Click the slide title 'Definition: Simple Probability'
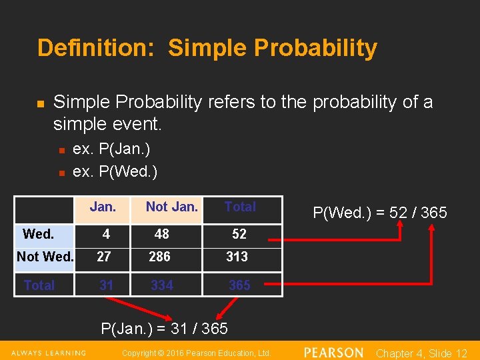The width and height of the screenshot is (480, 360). point(207,48)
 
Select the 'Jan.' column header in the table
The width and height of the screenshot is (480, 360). point(103,207)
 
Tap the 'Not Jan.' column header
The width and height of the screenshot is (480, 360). point(171,207)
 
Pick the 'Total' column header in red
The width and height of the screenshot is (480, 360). point(240,207)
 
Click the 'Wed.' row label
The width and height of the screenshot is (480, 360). point(38,234)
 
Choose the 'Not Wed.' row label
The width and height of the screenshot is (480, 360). point(45,257)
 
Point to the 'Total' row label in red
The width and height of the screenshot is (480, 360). point(39,285)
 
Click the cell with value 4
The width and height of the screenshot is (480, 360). point(105,234)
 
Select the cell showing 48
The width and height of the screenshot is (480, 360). point(161,234)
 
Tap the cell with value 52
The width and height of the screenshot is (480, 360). point(239,234)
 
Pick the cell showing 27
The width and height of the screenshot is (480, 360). point(104,257)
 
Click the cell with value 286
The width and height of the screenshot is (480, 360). point(160,257)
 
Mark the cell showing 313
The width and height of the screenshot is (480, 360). point(237,257)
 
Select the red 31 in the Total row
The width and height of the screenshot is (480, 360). point(106,285)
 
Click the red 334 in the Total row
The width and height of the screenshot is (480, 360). point(162,285)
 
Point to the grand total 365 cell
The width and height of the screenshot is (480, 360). point(239,285)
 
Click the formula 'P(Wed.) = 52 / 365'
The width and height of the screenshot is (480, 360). point(380,213)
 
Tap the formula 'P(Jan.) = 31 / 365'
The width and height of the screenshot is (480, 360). point(164,328)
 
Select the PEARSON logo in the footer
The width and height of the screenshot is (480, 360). point(333,353)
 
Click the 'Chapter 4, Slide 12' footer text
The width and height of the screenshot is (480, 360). point(421,353)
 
